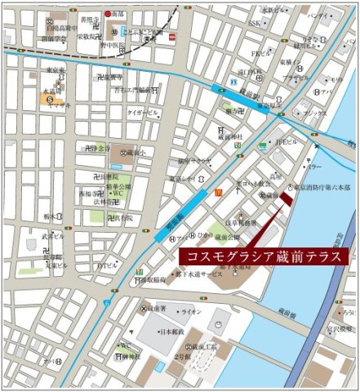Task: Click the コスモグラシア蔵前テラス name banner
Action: [263, 256]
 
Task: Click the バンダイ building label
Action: [318, 14]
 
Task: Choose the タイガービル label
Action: [143, 113]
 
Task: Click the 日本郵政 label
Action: [171, 332]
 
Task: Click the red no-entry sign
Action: [172, 37]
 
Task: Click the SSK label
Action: [256, 24]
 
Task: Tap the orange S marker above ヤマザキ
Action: [47, 99]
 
